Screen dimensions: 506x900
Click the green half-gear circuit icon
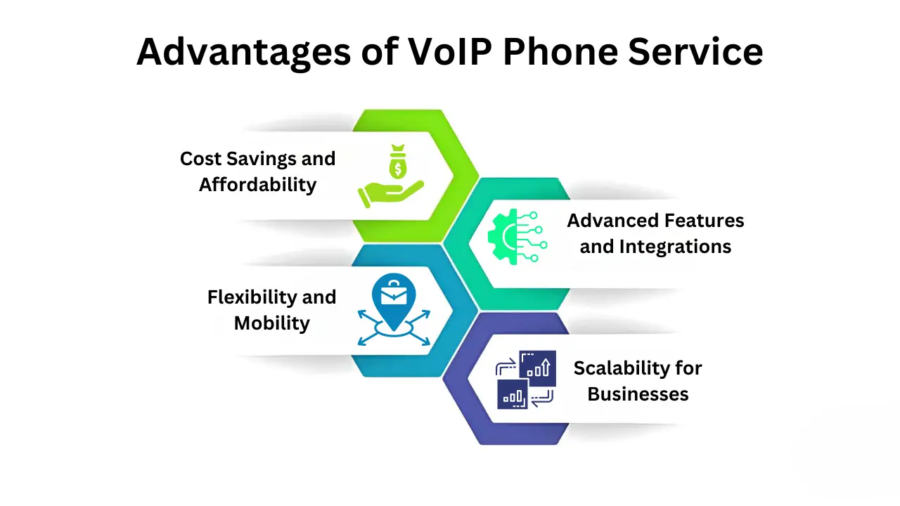coord(512,236)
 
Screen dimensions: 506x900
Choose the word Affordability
coord(258,185)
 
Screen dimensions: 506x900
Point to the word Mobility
coord(272,323)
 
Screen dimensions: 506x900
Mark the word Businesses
coord(638,394)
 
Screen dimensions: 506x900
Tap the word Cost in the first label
coord(200,159)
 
